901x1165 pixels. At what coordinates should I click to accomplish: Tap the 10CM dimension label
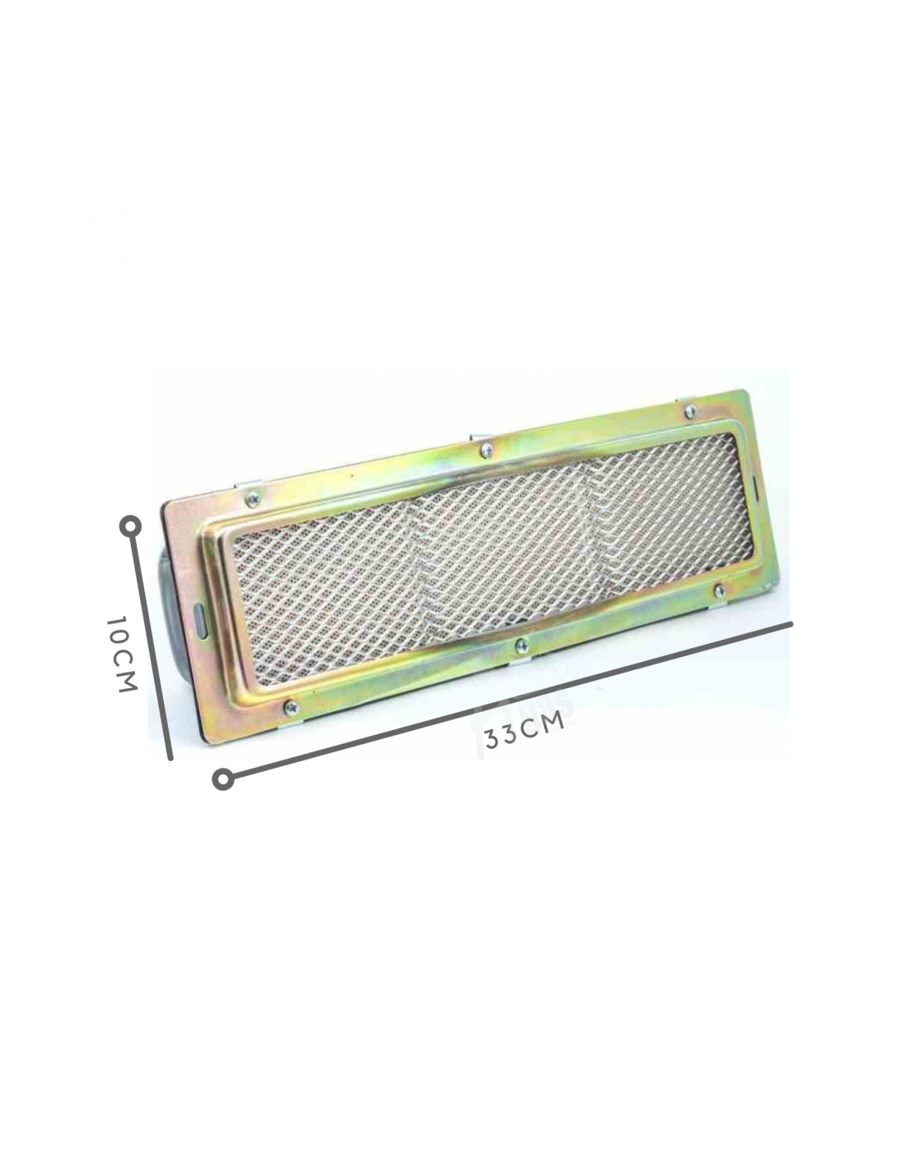click(x=122, y=654)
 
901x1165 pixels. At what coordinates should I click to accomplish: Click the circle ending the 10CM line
click(x=130, y=527)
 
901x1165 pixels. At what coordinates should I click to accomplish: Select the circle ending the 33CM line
click(x=223, y=779)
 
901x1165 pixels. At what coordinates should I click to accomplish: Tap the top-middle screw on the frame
click(x=487, y=451)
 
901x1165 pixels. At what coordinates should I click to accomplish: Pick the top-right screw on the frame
click(x=690, y=412)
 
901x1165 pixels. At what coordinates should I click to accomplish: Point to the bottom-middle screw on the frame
click(x=521, y=646)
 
